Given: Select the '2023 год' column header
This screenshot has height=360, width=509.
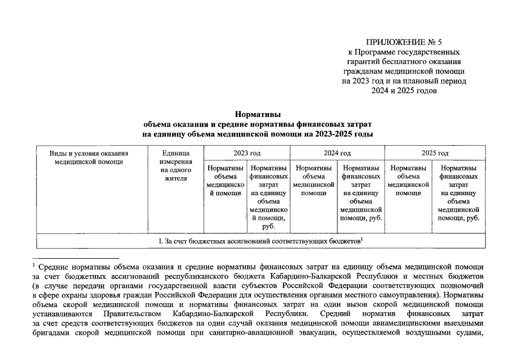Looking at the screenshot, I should click(x=247, y=153).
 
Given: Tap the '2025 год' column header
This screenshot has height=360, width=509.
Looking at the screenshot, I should click(x=435, y=153).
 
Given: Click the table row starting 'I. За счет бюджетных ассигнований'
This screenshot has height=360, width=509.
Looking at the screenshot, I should click(x=260, y=241).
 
